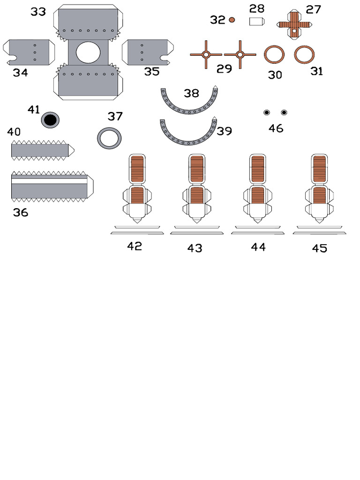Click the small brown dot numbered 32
pyautogui.click(x=232, y=20)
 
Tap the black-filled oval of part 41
pyautogui.click(x=50, y=120)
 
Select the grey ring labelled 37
pyautogui.click(x=109, y=138)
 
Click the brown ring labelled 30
pyautogui.click(x=274, y=54)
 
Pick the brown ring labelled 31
pyautogui.click(x=304, y=54)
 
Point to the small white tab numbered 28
pyautogui.click(x=257, y=21)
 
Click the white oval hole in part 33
pyautogui.click(x=88, y=52)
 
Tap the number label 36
pyautogui.click(x=21, y=213)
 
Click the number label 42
pyautogui.click(x=135, y=246)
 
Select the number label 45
pyautogui.click(x=319, y=248)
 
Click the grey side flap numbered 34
pyautogui.click(x=28, y=52)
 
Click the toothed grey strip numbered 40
pyautogui.click(x=40, y=150)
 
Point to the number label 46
pyautogui.click(x=276, y=128)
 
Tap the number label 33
pyautogui.click(x=38, y=12)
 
